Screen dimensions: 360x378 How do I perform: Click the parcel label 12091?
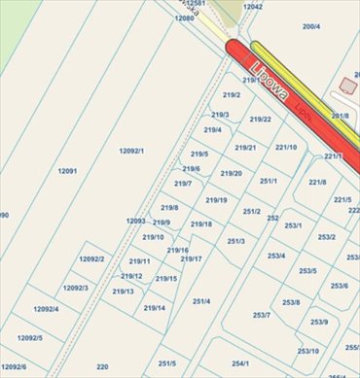[67, 171]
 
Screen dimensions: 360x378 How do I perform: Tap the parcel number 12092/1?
[131, 151]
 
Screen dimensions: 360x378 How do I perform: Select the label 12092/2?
[90, 258]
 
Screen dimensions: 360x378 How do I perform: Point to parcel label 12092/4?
[46, 309]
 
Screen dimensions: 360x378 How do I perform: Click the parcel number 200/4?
[311, 26]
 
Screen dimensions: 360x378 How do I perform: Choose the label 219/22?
[260, 120]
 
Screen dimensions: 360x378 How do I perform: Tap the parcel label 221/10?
[286, 147]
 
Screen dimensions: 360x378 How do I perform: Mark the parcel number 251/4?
[201, 301]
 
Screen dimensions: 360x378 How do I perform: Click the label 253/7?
[262, 315]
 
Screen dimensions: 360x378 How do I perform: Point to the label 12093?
[135, 221]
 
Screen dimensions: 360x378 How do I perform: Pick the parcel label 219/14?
[154, 308]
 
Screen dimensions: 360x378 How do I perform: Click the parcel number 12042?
[253, 7]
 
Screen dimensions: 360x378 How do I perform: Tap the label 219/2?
[232, 94]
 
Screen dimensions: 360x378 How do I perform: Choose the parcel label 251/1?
[269, 181]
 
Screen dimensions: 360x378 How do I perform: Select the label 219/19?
[216, 200]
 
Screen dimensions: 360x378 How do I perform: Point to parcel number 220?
[102, 366]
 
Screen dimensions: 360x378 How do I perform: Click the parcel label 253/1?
[293, 225]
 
